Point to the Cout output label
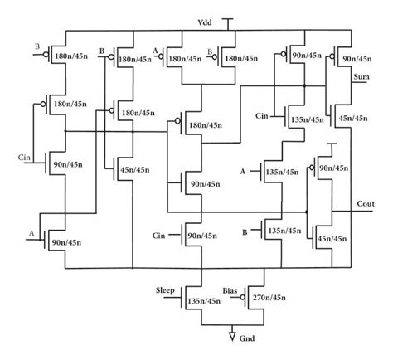click(366, 202)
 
